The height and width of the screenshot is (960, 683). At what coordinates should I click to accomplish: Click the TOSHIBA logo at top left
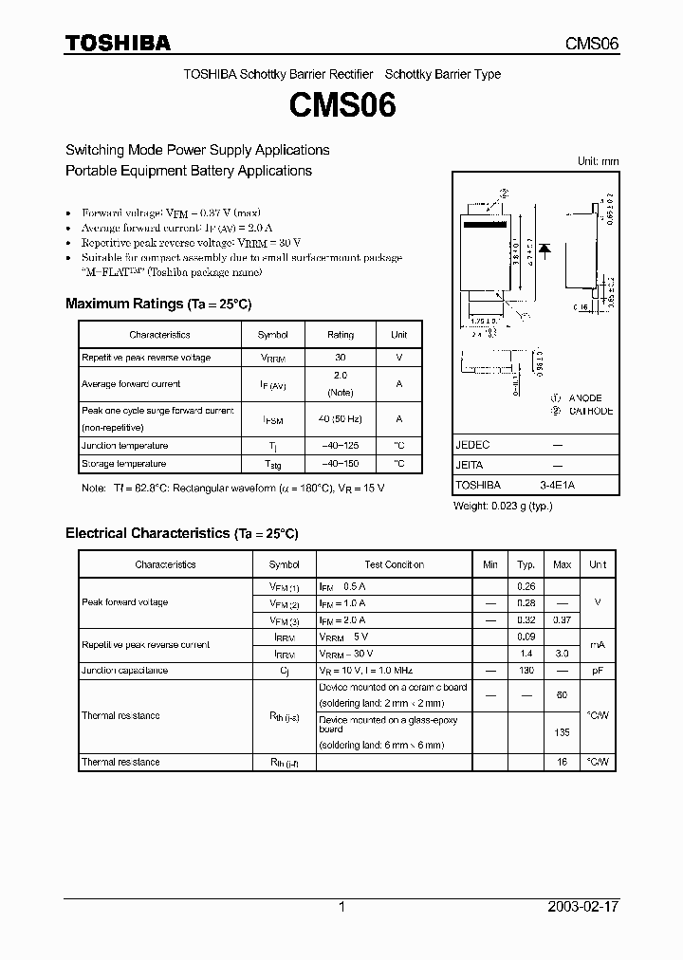pos(118,43)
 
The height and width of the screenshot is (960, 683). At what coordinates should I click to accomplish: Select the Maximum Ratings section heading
pos(157,304)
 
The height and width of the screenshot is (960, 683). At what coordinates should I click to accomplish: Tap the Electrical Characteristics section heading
pos(181,533)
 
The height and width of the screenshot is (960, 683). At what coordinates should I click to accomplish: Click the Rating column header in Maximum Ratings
pos(340,335)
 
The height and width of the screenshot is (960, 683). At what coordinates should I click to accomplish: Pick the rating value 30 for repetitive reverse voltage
pos(340,358)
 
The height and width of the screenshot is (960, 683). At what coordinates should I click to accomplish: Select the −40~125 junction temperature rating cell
pos(340,446)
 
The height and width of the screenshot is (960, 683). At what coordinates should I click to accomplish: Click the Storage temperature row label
pos(123,464)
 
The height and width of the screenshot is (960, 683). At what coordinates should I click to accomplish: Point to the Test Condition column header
pos(394,564)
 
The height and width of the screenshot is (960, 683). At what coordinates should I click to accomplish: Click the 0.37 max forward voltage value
pos(562,620)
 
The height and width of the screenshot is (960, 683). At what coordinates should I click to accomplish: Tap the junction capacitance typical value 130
pos(526,671)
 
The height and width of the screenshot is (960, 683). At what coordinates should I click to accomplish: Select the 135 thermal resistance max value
pos(562,732)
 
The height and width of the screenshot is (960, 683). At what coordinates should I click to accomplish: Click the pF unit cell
pos(597,671)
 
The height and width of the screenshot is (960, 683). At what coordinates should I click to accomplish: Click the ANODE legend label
pos(585,398)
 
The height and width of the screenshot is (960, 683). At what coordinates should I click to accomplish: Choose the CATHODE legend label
pos(590,411)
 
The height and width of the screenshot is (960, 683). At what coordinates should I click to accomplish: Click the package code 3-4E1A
pos(558,485)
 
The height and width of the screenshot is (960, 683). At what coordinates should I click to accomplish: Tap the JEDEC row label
pos(472,444)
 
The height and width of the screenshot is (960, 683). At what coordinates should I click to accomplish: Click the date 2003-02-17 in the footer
pos(583,906)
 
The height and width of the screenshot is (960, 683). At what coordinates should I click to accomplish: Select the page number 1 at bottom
pos(341,906)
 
